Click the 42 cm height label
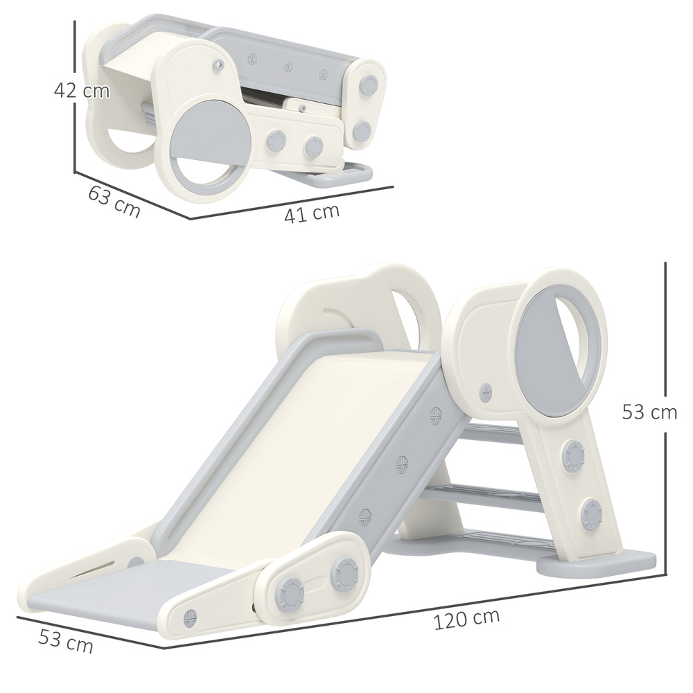pos(82,91)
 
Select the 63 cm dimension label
pos(114,202)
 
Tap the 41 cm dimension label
pos(312,213)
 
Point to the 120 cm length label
pos(466,619)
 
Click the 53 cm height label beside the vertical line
pos(649,412)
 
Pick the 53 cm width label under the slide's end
pos(64,642)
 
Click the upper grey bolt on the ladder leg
pos(574,455)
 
